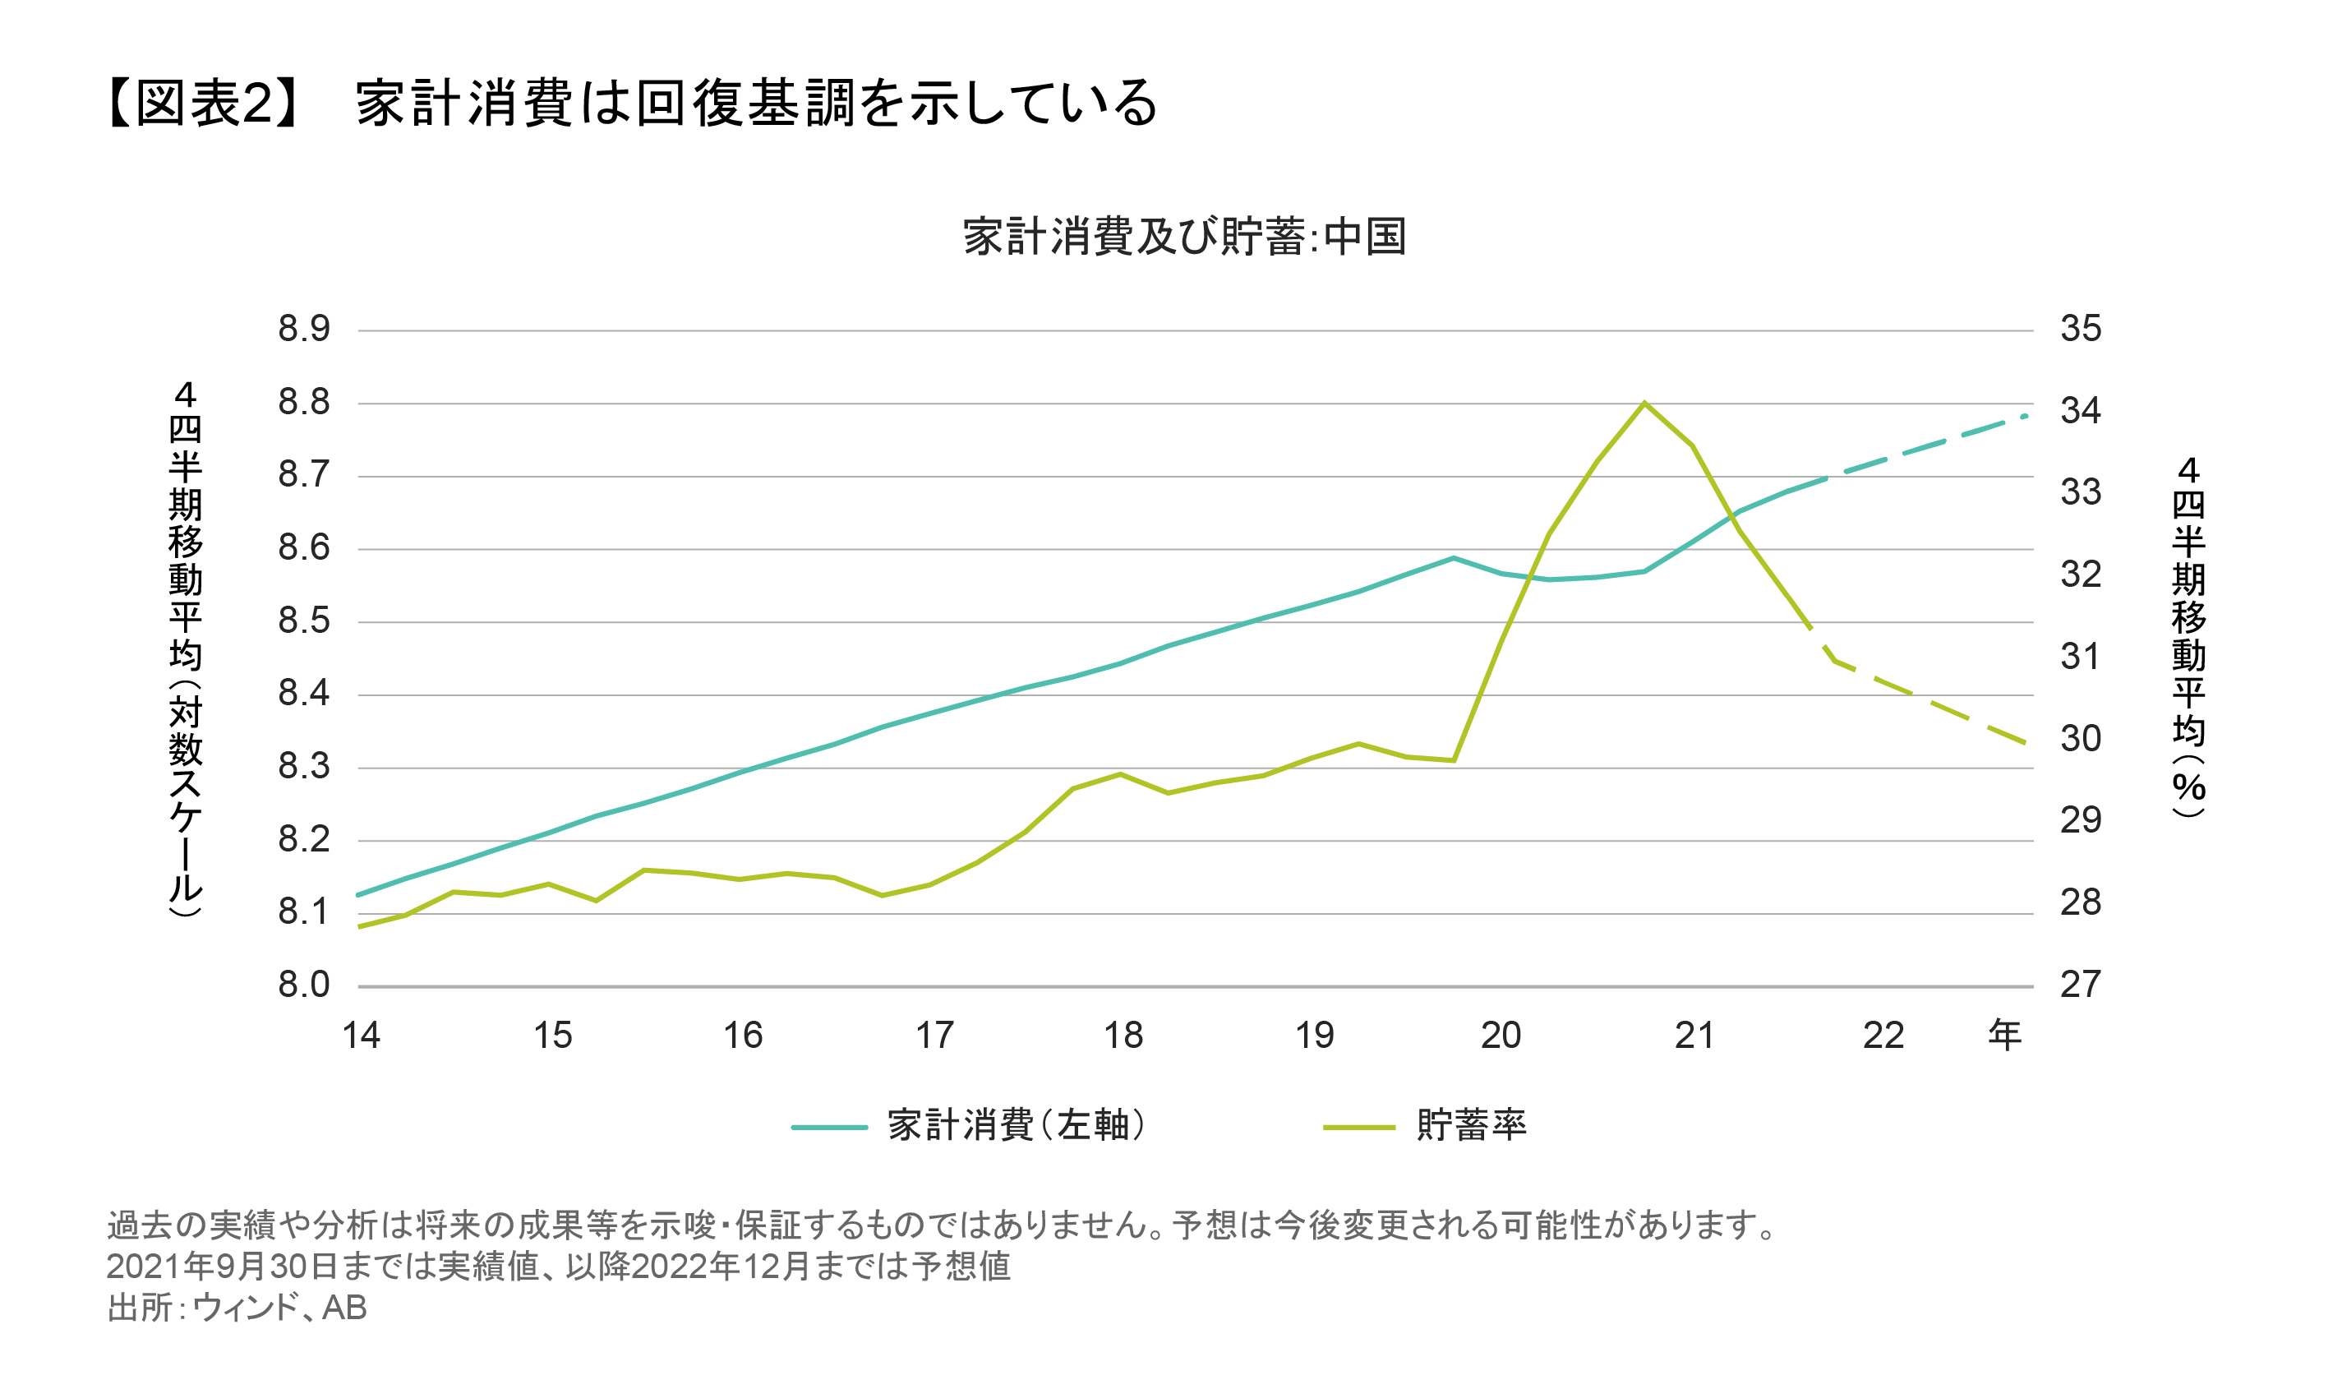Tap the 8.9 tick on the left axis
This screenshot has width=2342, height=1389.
point(304,329)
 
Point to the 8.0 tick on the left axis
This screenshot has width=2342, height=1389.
point(304,985)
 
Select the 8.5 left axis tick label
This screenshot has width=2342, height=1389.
point(304,621)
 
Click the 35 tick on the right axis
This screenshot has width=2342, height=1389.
point(2080,329)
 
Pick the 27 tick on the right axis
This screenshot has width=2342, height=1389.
point(2080,985)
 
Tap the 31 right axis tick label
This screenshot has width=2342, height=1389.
point(2080,656)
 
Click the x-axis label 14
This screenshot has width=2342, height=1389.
point(362,1036)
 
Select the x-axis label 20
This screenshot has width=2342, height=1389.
point(1501,1036)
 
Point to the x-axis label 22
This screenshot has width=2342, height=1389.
point(1883,1036)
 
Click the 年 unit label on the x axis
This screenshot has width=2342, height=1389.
point(2004,1036)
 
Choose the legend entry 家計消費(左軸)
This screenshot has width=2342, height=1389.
point(1015,1125)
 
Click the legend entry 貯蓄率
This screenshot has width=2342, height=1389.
point(1471,1125)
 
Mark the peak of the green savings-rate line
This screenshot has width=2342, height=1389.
point(1644,404)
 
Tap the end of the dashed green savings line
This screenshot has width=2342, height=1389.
point(2026,744)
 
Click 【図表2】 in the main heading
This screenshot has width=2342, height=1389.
point(204,102)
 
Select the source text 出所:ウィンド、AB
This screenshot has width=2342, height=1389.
point(237,1308)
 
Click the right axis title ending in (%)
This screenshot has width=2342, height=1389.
point(2188,636)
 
